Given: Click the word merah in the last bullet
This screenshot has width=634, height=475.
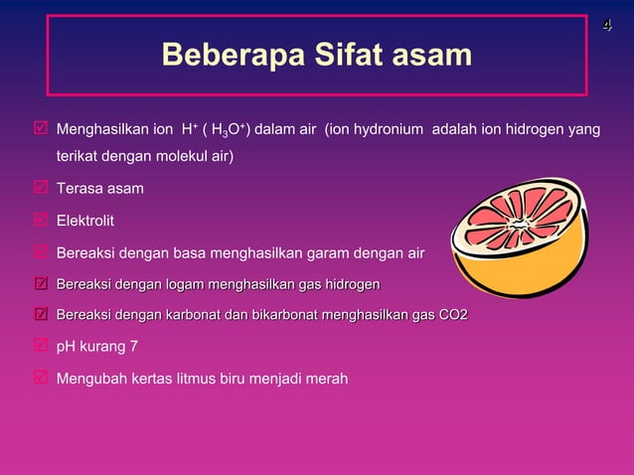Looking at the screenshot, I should pyautogui.click(x=327, y=379).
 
